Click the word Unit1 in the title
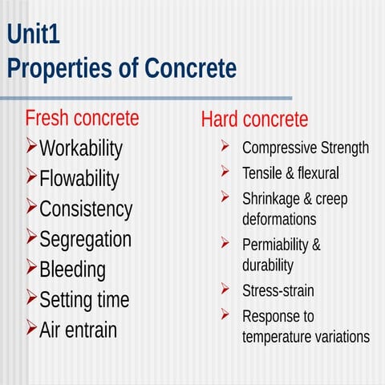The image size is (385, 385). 33,34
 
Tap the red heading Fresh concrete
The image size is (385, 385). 82,119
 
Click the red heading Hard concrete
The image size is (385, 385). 254,120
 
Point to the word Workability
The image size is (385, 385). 81,148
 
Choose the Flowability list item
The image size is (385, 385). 79,178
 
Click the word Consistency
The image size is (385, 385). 86,209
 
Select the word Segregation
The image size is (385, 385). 85,239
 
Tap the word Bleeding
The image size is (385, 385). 72,269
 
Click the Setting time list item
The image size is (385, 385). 84,300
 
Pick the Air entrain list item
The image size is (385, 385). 78,330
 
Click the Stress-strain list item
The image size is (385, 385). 278,290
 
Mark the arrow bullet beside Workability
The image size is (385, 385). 31,147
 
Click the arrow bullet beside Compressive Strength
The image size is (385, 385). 226,147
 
